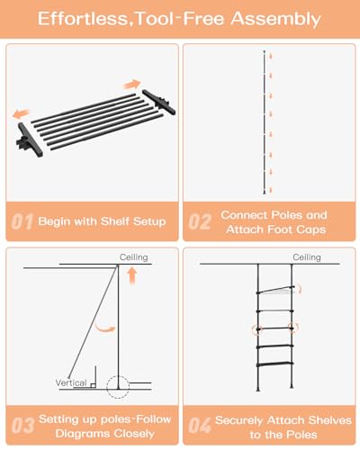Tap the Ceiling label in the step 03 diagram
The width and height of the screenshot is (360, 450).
point(133,257)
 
